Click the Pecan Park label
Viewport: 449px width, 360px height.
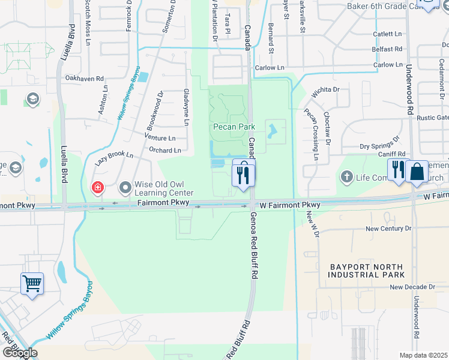[x=234, y=127]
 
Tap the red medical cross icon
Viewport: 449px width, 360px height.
[x=97, y=188]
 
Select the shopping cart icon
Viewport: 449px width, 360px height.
[x=31, y=283]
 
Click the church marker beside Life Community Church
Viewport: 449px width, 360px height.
[x=346, y=177]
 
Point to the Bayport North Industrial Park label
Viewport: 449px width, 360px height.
[x=366, y=270]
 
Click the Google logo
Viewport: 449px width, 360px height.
[x=19, y=353]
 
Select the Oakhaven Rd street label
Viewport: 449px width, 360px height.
[x=85, y=78]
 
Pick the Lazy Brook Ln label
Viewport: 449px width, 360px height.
[x=113, y=158]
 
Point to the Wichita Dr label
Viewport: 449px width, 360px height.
[x=326, y=91]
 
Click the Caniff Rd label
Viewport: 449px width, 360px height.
[x=392, y=154]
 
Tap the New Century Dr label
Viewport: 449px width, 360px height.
[x=388, y=229]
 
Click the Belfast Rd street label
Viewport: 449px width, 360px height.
[x=387, y=49]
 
